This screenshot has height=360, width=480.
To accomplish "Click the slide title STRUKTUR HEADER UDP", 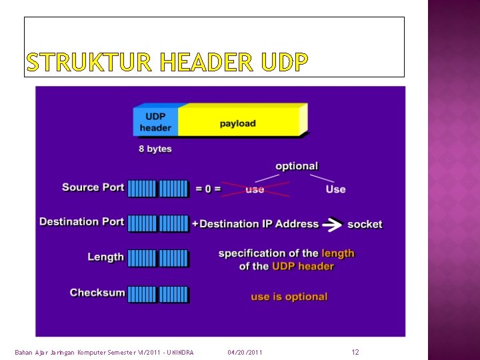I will (167, 63).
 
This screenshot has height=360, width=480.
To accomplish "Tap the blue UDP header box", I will (155, 122).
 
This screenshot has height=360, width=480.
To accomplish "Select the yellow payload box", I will (238, 123).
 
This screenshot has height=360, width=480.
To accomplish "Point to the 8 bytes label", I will (155, 149).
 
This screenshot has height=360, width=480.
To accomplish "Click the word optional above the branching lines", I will (297, 166).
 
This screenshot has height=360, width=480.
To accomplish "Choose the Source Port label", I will (93, 187).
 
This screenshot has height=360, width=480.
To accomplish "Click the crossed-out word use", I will (255, 189).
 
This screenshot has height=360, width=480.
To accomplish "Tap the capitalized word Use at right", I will (335, 189).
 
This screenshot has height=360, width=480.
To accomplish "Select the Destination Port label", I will (81, 221).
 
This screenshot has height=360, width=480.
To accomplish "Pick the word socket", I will (365, 224).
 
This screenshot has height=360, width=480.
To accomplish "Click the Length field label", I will (105, 257).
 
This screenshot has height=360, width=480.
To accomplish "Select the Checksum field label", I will (97, 293).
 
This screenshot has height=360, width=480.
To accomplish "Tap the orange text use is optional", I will (289, 297).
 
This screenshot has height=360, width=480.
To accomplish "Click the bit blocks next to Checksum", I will (158, 294).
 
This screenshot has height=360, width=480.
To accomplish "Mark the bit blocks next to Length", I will (158, 258).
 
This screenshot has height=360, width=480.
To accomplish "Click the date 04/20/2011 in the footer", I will (245, 352).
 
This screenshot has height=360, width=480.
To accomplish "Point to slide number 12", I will (355, 351).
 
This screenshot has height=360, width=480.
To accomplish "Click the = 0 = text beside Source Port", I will (207, 189).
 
